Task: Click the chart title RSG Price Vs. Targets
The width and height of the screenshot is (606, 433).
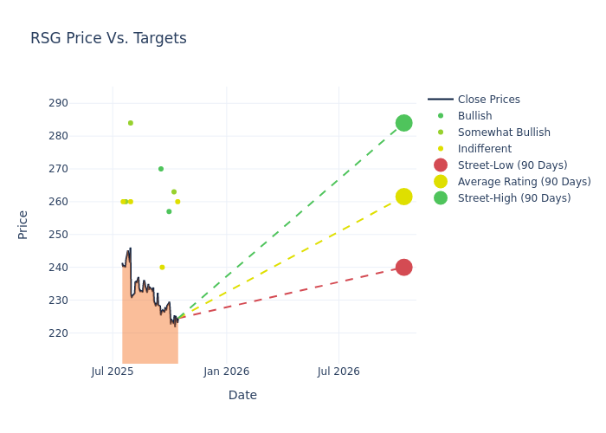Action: pos(108,38)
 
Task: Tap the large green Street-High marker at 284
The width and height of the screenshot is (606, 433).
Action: pos(403,123)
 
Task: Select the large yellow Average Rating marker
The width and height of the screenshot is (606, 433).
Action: pos(403,197)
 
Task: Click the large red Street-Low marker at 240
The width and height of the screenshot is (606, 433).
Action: pos(403,268)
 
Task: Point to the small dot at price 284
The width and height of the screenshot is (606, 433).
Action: pos(131,123)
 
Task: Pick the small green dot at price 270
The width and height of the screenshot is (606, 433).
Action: pos(161,169)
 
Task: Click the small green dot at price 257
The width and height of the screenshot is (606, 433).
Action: pos(169,211)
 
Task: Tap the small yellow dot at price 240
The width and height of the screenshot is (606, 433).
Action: pos(162,268)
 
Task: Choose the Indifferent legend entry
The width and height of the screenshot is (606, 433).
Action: pos(484,149)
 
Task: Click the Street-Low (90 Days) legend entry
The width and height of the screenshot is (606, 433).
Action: pos(513,165)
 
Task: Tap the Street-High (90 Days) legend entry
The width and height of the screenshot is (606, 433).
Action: pos(514,198)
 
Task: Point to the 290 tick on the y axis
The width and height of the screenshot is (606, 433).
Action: pos(82,103)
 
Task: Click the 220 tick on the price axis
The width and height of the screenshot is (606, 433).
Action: pos(82,333)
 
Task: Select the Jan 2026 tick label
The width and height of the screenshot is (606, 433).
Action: pos(227,372)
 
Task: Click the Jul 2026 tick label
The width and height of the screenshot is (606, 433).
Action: pos(338,372)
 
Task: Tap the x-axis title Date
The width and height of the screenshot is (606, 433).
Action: pos(242,395)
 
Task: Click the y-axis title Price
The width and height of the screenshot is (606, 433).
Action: pos(23,224)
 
